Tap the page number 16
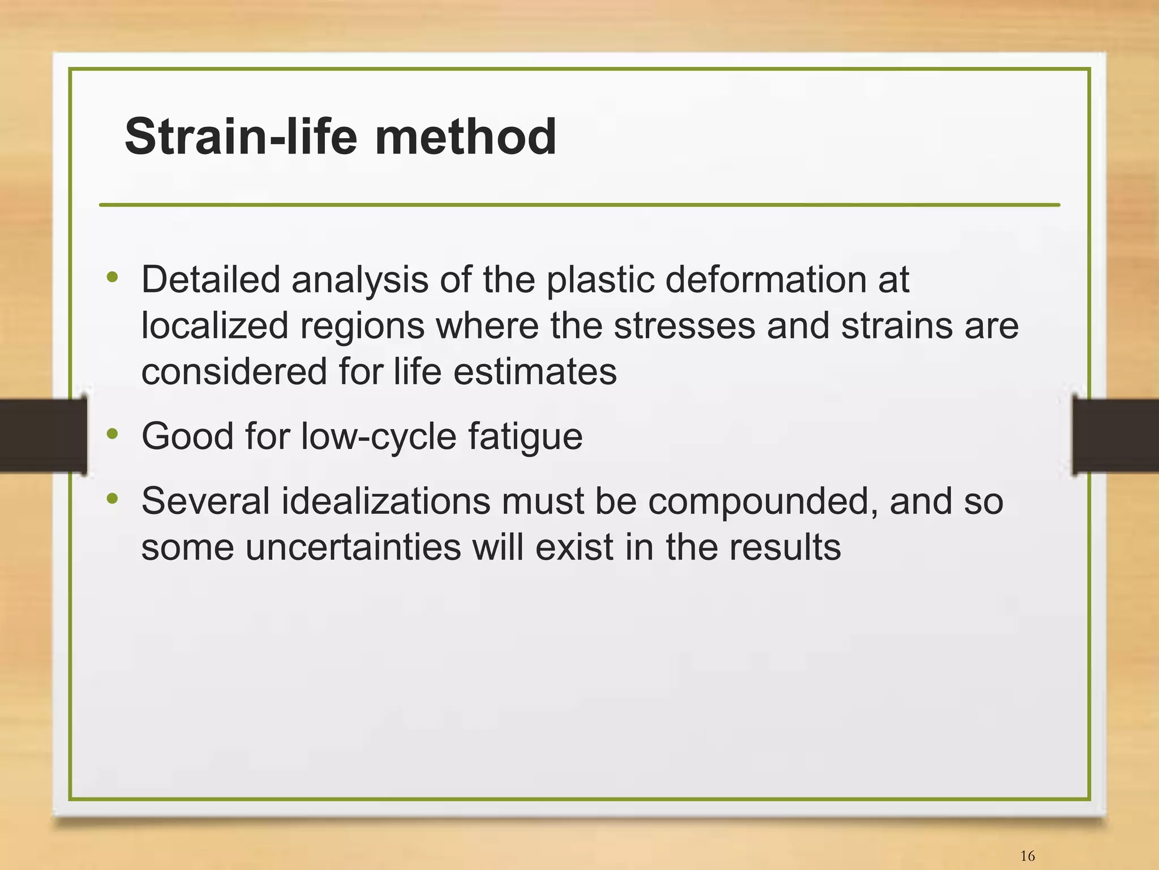pyautogui.click(x=1027, y=855)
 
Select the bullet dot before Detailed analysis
pyautogui.click(x=113, y=277)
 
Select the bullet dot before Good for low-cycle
pyautogui.click(x=113, y=434)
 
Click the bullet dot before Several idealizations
pyautogui.click(x=113, y=499)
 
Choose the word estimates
pyautogui.click(x=535, y=372)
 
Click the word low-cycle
pyautogui.click(x=378, y=436)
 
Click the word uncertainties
pyautogui.click(x=353, y=547)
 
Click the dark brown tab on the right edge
pyautogui.click(x=1115, y=435)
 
